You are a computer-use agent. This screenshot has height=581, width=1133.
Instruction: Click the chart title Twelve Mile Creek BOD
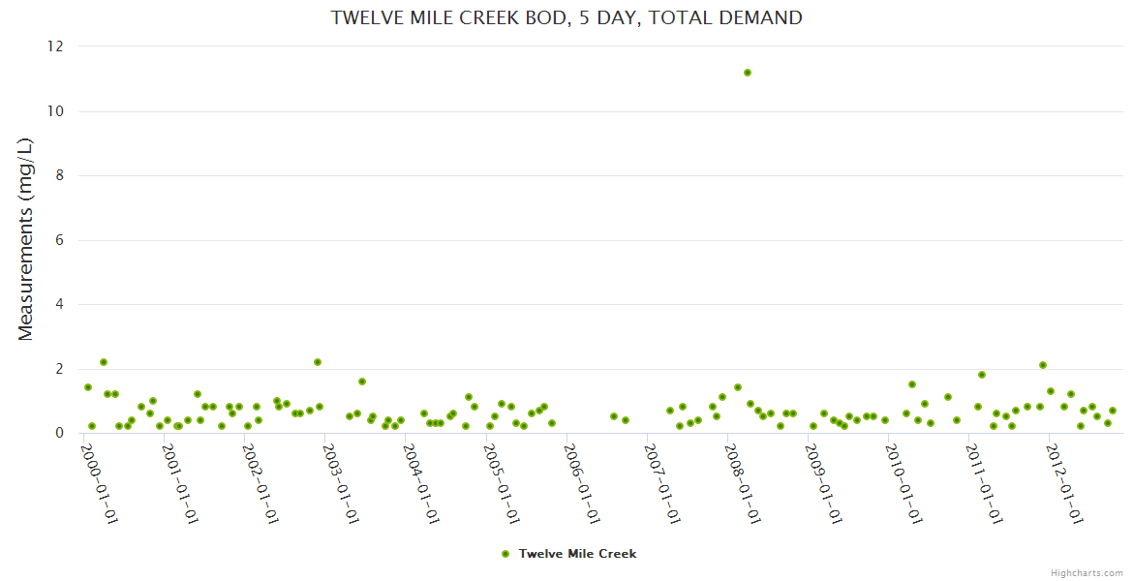(x=566, y=17)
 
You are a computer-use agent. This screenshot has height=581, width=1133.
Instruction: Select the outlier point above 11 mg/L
(x=748, y=73)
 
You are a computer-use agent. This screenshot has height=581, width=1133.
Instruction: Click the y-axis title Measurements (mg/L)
(x=26, y=239)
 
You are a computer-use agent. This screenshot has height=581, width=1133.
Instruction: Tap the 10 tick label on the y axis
(x=55, y=111)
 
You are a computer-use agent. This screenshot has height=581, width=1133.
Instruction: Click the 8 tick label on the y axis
(x=59, y=175)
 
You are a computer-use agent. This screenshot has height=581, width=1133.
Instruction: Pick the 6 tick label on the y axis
(x=59, y=240)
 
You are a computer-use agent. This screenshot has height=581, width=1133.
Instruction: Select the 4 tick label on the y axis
(x=59, y=304)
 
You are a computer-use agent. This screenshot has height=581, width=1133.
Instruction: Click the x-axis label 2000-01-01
(x=98, y=484)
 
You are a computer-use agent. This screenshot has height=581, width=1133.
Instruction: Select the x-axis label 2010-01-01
(x=902, y=484)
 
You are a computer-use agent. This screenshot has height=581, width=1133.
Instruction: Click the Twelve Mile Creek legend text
(x=577, y=554)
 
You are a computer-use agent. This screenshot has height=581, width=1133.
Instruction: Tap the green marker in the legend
(x=505, y=554)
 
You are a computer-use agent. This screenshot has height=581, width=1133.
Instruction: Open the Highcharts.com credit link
(x=1087, y=572)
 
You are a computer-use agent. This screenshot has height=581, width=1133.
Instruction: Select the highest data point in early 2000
(x=104, y=362)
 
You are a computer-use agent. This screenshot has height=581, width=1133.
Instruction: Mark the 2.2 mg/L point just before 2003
(x=317, y=362)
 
